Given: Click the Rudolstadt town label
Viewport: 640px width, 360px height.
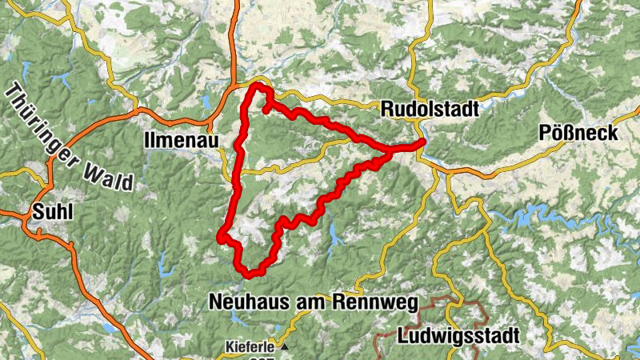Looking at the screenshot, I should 430,109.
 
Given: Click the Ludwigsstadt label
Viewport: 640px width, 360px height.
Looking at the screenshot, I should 458,334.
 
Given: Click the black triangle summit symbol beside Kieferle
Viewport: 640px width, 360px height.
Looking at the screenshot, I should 282,348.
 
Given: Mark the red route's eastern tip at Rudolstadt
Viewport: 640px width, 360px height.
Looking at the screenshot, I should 421,143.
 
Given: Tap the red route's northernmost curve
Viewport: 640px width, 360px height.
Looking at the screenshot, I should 259,84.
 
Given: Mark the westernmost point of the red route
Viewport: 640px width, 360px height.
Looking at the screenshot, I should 220,235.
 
